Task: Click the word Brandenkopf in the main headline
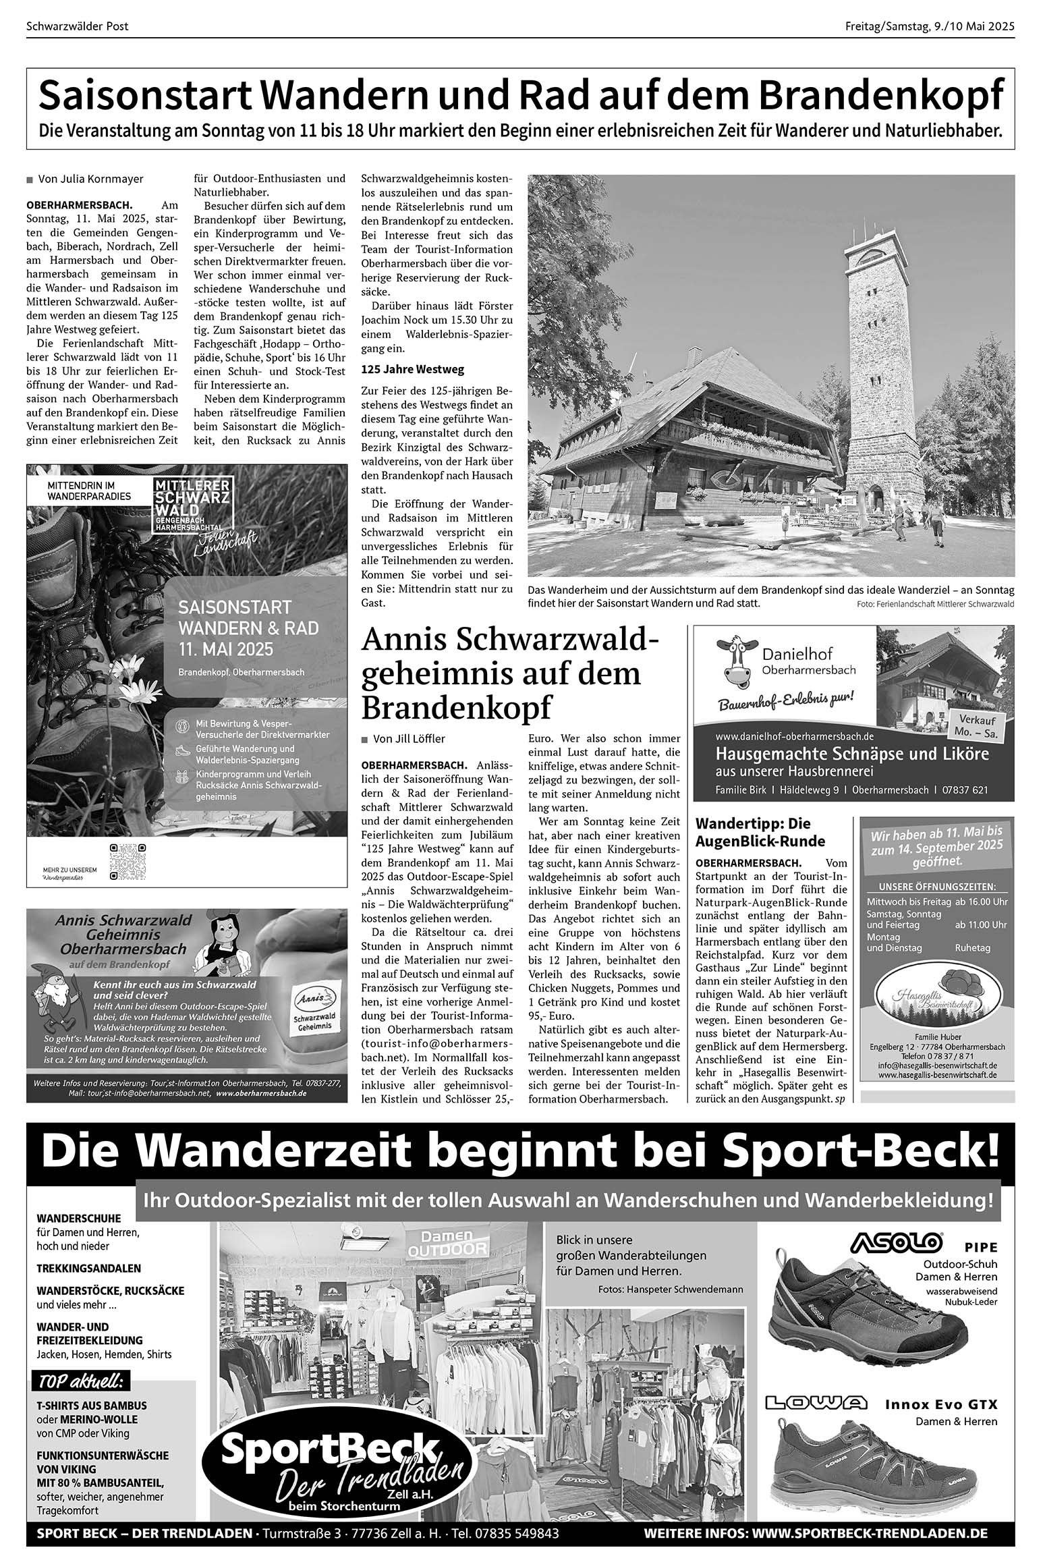coord(881,96)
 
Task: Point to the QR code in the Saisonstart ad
coord(128,862)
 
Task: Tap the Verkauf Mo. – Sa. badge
coord(974,725)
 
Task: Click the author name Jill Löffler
coord(409,739)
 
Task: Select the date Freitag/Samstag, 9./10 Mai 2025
coord(930,27)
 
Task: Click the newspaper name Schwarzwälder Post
coord(77,27)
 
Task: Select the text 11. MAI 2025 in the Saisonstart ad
coord(225,649)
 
